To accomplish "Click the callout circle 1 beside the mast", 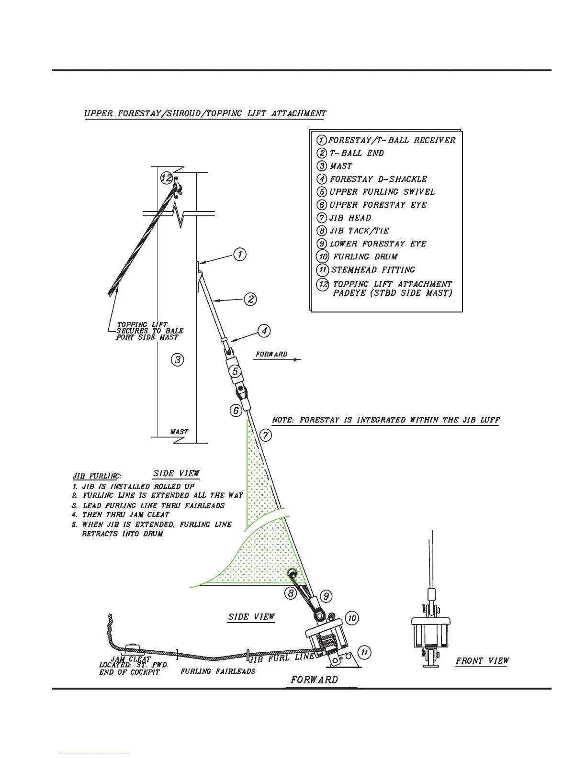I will tap(240, 254).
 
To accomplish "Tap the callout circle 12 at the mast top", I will tap(166, 178).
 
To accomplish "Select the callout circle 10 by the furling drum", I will tap(352, 618).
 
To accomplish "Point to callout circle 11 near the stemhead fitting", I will tap(364, 652).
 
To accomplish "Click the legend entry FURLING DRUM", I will tap(365, 257).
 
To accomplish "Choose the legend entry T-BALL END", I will tap(357, 154).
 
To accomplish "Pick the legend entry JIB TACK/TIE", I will tap(359, 231).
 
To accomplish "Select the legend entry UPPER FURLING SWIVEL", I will tap(382, 192).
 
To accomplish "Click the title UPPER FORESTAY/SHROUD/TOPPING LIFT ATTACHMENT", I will tap(205, 114).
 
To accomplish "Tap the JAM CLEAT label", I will tap(131, 659).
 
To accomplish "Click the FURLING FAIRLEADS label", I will tap(218, 671).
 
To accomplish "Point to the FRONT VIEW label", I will tap(482, 661).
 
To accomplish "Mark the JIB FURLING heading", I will tap(97, 477).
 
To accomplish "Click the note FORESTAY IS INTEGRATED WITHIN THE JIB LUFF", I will tap(385, 420).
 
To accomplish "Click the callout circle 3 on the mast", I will tap(178, 359).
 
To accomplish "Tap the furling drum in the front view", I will tap(431, 632).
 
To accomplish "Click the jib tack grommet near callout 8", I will tap(292, 573).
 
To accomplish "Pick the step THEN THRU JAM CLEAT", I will tap(125, 515).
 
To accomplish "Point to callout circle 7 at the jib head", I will tap(266, 435).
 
